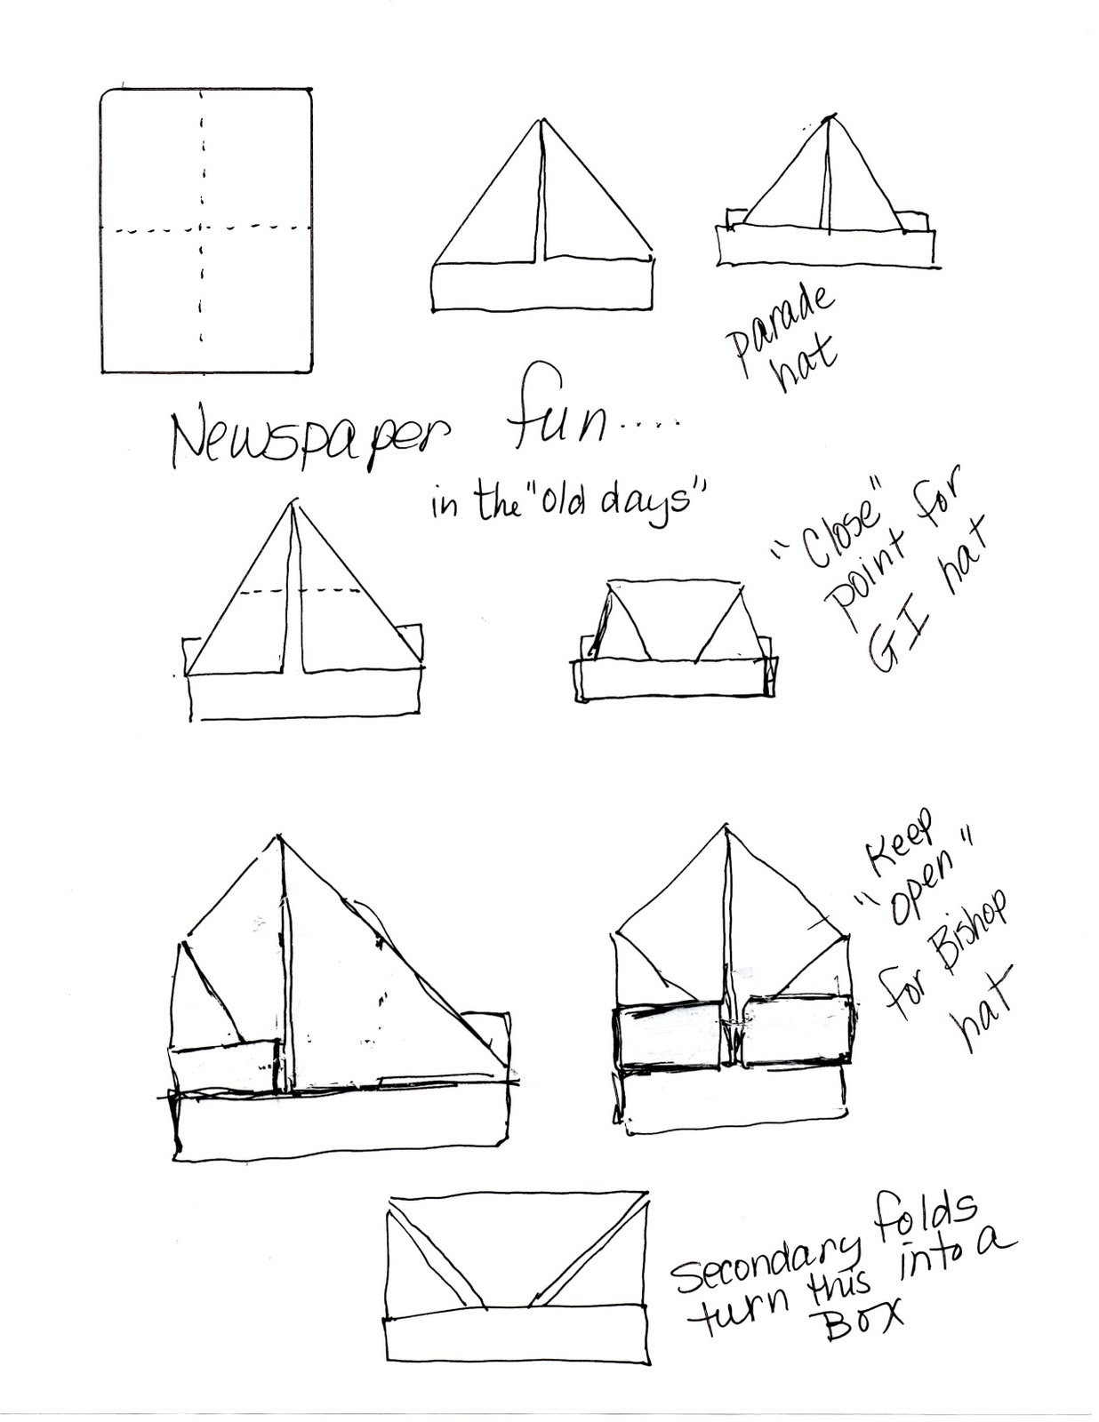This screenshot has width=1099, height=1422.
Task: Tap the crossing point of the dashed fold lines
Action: click(x=202, y=229)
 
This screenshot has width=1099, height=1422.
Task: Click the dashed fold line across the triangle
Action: click(x=301, y=591)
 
